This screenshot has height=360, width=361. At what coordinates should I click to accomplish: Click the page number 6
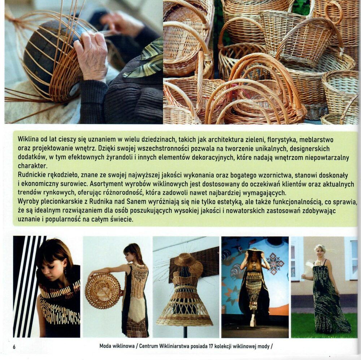pyautogui.click(x=14, y=347)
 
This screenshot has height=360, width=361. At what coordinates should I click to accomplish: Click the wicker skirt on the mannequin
pyautogui.click(x=184, y=307)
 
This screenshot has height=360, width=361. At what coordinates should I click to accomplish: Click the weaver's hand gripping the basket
pyautogui.click(x=91, y=55)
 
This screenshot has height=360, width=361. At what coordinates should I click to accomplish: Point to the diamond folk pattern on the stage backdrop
pyautogui.click(x=275, y=263)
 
